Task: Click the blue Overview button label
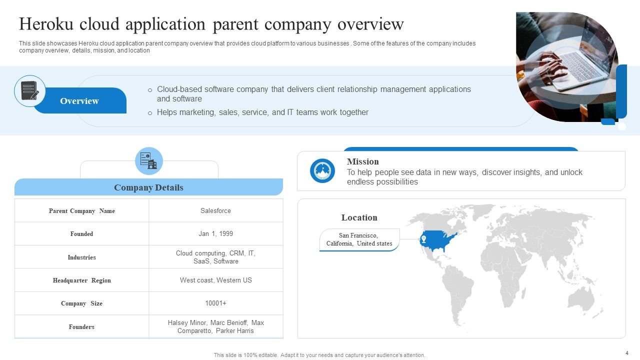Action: [x=79, y=101]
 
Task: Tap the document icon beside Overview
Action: [x=30, y=91]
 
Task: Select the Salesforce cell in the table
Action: [x=215, y=211]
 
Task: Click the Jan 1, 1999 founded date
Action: [x=215, y=234]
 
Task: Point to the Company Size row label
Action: [x=81, y=303]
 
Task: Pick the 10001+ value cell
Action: [x=215, y=303]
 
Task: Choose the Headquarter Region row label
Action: [x=81, y=280]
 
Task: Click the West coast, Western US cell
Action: [x=215, y=280]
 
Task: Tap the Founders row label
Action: [x=81, y=327]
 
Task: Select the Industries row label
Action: [x=81, y=257]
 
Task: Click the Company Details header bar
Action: [x=148, y=187]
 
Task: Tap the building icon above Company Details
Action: [x=149, y=161]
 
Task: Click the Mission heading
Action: [x=362, y=161]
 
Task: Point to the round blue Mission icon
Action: [x=322, y=170]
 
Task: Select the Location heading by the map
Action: [x=359, y=217]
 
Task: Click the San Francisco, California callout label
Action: [x=359, y=239]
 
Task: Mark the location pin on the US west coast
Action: [x=424, y=239]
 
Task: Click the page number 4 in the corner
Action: [x=626, y=352]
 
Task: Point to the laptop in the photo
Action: [x=580, y=67]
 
